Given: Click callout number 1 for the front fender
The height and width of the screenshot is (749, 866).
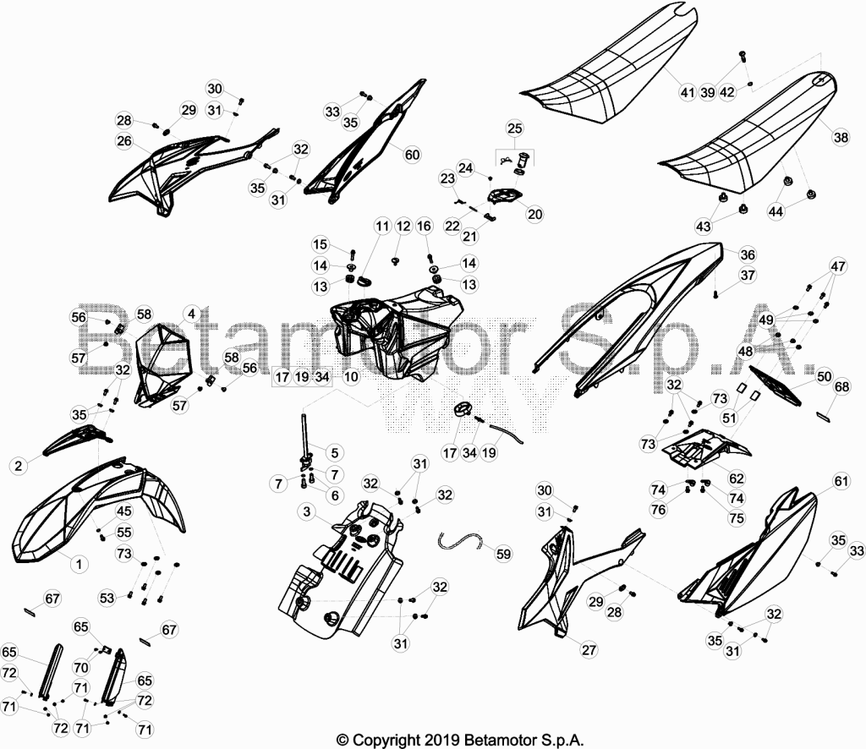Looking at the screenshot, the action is pyautogui.click(x=79, y=564).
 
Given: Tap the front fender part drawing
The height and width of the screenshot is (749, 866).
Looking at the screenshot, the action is pyautogui.click(x=100, y=508).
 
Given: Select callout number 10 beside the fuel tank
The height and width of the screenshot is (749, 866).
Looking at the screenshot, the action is pyautogui.click(x=351, y=377).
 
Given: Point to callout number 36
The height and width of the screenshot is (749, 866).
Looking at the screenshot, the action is pyautogui.click(x=748, y=254).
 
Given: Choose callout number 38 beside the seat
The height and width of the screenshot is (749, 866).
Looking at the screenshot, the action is pyautogui.click(x=841, y=136).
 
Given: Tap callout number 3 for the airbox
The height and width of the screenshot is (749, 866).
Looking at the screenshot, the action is pyautogui.click(x=307, y=511).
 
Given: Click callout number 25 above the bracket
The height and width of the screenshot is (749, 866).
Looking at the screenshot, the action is pyautogui.click(x=514, y=128).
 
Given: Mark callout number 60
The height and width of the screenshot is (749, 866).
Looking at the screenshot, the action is pyautogui.click(x=412, y=155).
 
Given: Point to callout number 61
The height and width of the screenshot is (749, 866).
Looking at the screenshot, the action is pyautogui.click(x=841, y=482).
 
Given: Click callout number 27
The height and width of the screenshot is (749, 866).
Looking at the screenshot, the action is pyautogui.click(x=589, y=649).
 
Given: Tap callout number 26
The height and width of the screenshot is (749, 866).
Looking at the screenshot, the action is pyautogui.click(x=124, y=141).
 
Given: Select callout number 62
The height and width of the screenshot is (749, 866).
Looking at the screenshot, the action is pyautogui.click(x=737, y=478).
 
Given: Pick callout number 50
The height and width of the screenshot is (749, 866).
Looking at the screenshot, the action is pyautogui.click(x=824, y=376).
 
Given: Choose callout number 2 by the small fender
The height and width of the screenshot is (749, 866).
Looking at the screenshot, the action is pyautogui.click(x=19, y=466).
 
